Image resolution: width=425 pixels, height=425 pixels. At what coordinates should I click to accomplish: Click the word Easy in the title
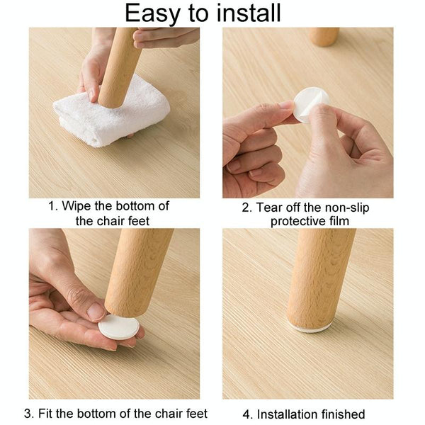click(x=152, y=13)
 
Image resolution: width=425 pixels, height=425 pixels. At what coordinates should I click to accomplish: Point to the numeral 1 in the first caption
click(x=52, y=207)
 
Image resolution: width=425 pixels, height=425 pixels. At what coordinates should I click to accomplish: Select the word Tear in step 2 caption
click(x=272, y=208)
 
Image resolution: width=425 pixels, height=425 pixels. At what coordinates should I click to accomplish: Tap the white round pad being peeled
click(x=311, y=103)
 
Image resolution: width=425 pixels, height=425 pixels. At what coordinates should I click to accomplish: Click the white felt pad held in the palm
click(x=118, y=327)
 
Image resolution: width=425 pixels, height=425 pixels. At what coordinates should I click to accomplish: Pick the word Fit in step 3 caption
click(x=47, y=414)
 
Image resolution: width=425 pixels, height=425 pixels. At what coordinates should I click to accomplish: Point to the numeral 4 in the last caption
click(x=248, y=414)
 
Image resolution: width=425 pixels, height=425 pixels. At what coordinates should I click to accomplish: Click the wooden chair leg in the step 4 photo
click(x=319, y=276)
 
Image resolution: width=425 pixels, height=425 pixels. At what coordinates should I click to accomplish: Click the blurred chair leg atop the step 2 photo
click(x=324, y=36)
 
